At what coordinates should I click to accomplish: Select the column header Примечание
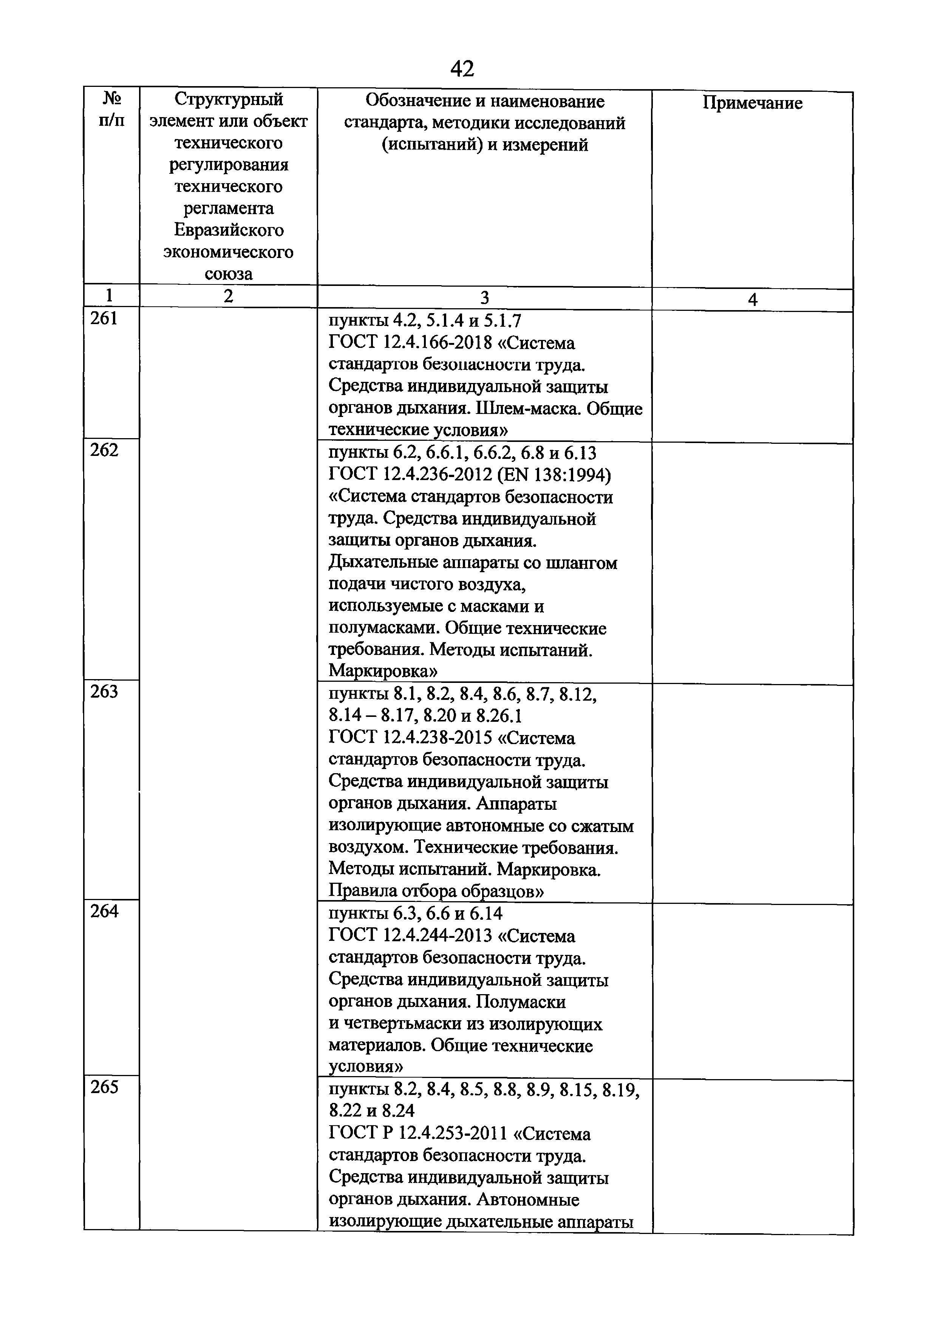(752, 103)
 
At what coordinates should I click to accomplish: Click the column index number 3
(484, 298)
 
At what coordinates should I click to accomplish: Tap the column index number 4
(752, 300)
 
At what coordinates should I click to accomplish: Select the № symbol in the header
(112, 98)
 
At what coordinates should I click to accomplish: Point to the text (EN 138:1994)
(555, 475)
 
